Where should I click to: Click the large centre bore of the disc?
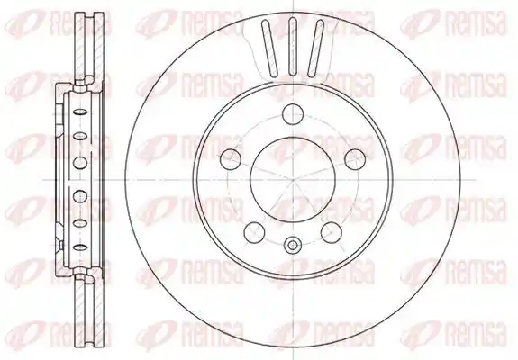tap(293, 180)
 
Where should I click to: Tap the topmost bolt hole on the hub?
tap(293, 113)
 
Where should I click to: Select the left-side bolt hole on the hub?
tap(231, 159)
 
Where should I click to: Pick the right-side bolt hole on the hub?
tap(355, 159)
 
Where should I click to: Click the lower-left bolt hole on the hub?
tap(254, 232)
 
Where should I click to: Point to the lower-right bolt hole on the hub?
tap(332, 232)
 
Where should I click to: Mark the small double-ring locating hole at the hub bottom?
tap(293, 245)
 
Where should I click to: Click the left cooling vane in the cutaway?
tap(268, 49)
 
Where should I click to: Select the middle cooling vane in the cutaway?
tap(293, 47)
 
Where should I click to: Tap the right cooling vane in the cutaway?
tap(315, 49)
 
